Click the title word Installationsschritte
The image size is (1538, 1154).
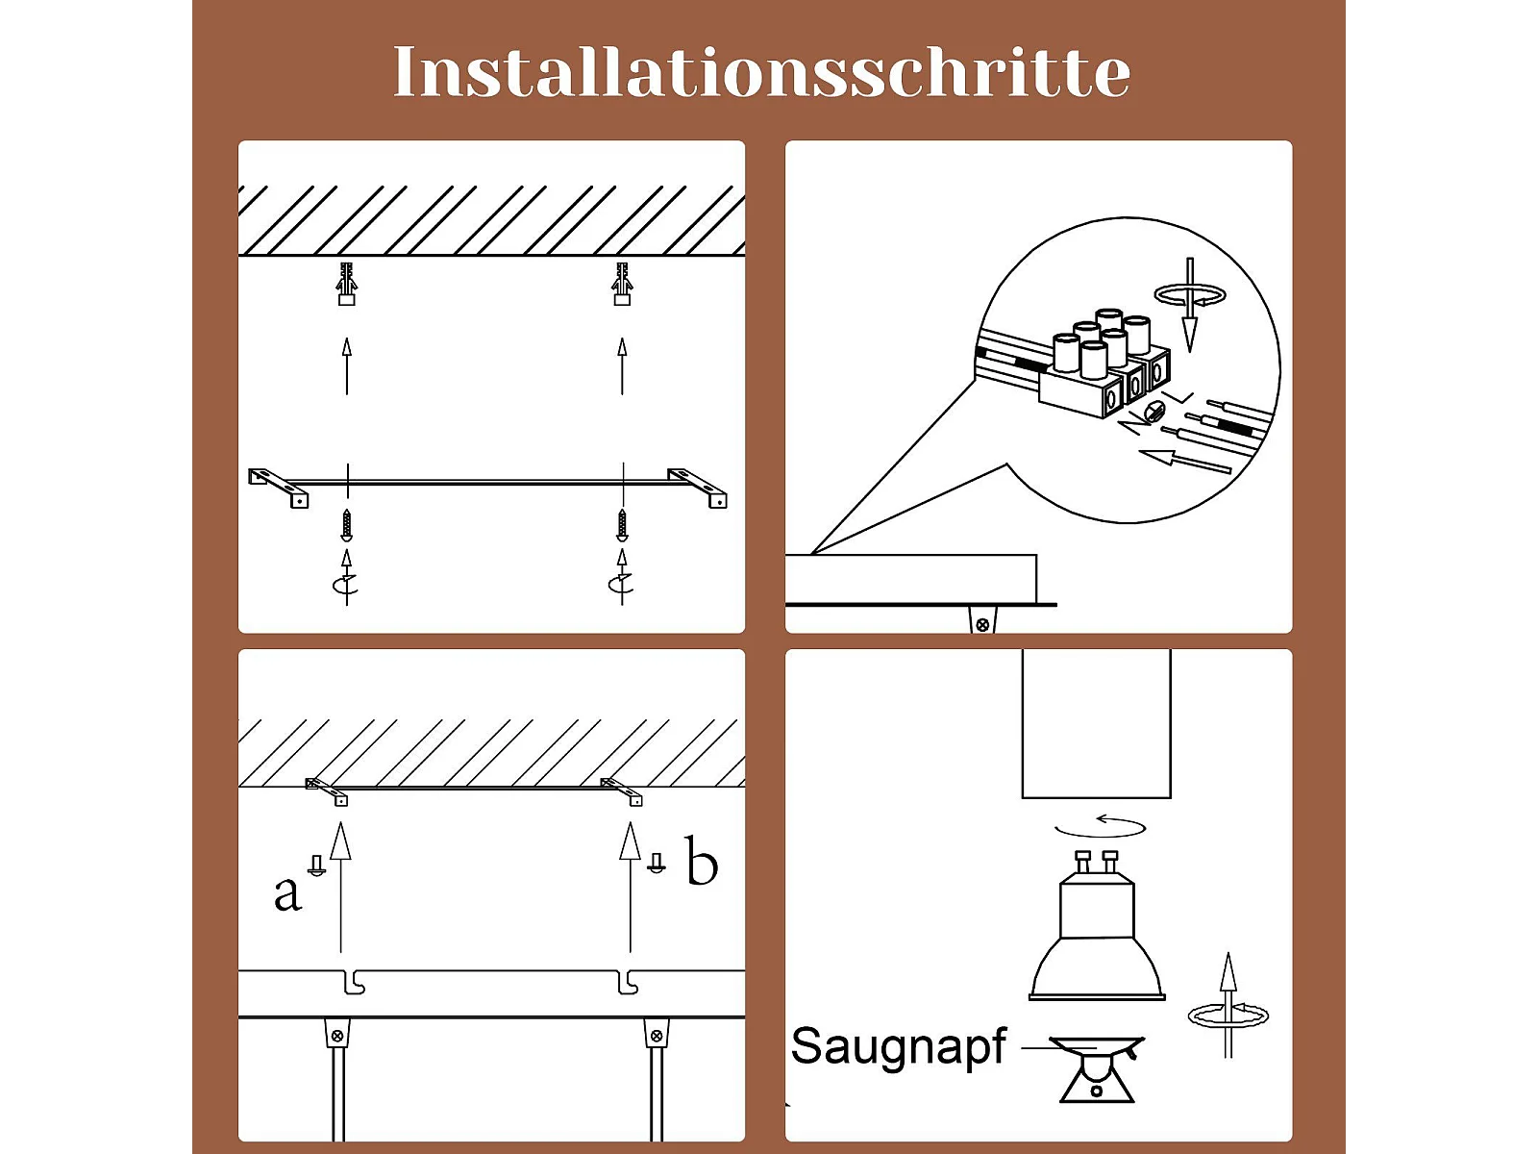pos(761,71)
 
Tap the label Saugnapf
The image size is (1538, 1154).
pos(898,1047)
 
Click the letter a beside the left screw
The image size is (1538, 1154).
pos(287,893)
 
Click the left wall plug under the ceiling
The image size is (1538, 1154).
pos(346,284)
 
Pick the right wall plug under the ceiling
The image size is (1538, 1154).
pos(622,284)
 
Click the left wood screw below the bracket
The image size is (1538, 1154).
pos(346,525)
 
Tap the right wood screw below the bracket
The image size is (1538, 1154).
pos(622,525)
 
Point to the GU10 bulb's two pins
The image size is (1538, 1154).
pos(1097,862)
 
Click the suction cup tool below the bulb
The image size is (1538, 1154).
pos(1097,1068)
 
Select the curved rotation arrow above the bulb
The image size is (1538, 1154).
pos(1100,827)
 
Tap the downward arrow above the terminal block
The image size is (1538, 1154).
pos(1190,305)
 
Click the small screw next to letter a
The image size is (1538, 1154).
pos(316,865)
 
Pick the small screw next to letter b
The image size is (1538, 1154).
pos(657,863)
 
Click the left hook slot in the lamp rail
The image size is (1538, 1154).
pos(355,982)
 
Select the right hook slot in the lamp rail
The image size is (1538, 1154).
pos(628,982)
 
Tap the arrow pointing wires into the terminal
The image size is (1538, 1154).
pos(1185,460)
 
